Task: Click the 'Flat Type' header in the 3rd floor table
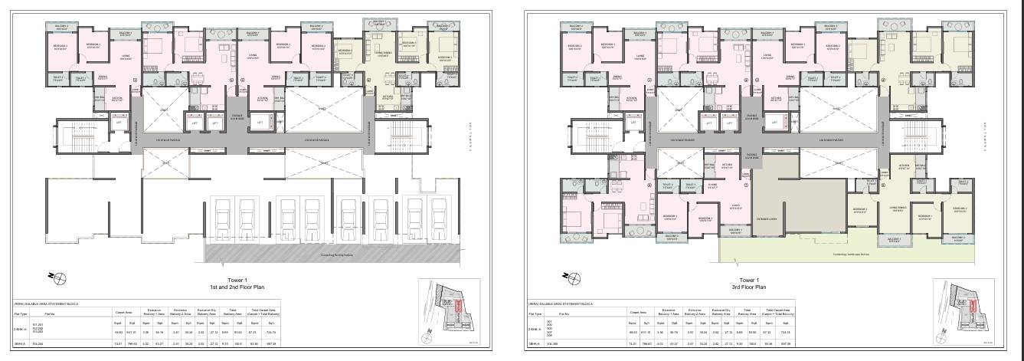click(535, 314)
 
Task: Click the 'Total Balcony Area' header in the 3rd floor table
click(744, 313)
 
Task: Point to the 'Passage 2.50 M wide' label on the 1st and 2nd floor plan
click(237, 117)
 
